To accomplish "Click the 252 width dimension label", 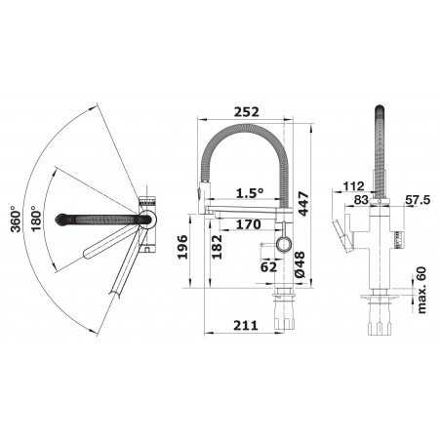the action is (x=247, y=111).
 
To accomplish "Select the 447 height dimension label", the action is (x=302, y=204).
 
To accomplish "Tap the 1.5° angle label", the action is (x=250, y=193).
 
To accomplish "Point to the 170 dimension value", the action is (x=249, y=224).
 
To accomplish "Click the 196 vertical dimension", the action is (x=182, y=247).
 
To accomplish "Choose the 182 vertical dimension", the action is (x=217, y=247).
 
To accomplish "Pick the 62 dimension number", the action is (x=268, y=267).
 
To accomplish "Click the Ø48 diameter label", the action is (x=300, y=264).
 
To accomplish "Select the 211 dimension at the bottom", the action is (x=246, y=325).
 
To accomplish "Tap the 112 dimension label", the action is (x=353, y=186).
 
